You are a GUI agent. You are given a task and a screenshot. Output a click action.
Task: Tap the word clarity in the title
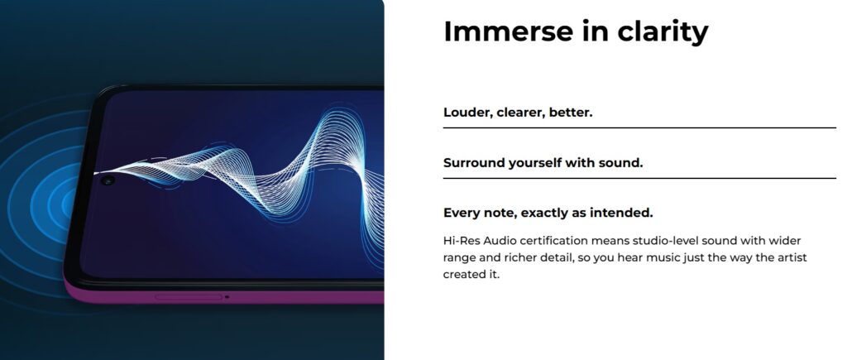click(x=663, y=32)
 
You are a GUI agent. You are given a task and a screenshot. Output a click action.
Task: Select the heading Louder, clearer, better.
click(x=518, y=113)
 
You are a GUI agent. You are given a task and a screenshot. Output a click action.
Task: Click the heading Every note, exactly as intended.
click(x=548, y=213)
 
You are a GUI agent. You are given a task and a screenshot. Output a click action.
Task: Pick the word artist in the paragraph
click(x=792, y=257)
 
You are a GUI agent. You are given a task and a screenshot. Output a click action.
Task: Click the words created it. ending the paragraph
click(x=471, y=274)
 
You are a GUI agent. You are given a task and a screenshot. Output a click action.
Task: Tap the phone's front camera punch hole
click(x=108, y=180)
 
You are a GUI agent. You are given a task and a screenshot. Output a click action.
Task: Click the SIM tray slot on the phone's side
click(x=189, y=297)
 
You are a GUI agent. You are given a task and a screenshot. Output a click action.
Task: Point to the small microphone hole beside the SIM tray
click(x=227, y=297)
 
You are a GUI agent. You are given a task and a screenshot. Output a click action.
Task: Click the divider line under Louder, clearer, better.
click(x=639, y=128)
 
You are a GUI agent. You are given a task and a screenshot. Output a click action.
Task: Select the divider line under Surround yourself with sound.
click(x=639, y=178)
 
